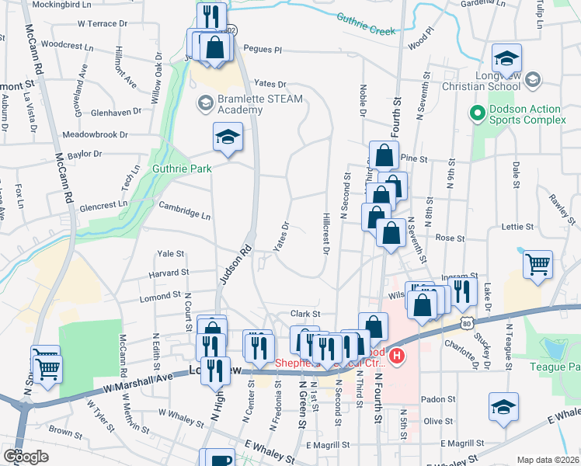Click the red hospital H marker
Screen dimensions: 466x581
point(398,356)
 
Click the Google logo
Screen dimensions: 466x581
point(26,456)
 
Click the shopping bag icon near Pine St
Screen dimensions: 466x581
point(384,155)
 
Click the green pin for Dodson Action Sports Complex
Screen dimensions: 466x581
point(478,113)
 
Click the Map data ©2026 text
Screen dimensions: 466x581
point(548,460)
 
